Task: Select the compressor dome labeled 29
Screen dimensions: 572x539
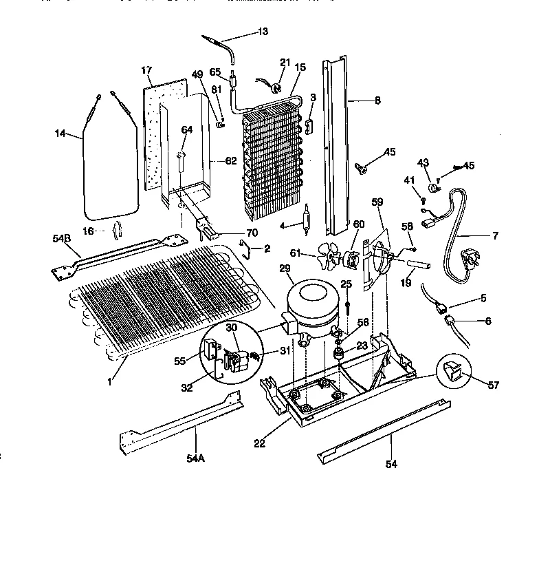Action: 312,304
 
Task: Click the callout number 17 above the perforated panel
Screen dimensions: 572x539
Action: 146,70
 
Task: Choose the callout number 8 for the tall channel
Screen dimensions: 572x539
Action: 377,100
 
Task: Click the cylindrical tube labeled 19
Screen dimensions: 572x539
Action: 419,264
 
